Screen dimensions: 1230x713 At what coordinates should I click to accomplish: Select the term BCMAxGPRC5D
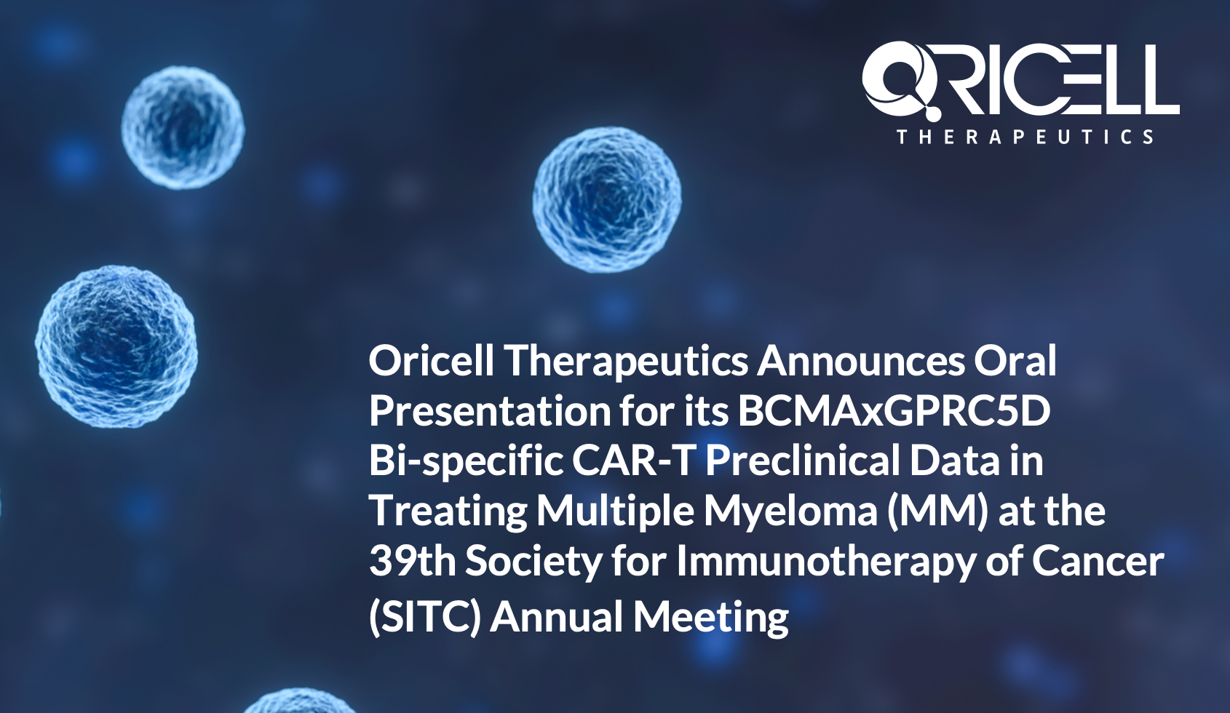point(894,410)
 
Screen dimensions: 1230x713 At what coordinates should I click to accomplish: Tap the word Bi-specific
point(466,461)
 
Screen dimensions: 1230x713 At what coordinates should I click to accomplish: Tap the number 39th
point(413,560)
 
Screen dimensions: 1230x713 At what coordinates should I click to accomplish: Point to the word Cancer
point(1098,561)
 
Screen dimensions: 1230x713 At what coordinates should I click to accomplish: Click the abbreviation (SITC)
point(425,616)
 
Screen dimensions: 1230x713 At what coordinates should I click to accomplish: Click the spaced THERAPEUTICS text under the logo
point(1025,137)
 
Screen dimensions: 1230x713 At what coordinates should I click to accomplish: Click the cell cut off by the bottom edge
point(299,703)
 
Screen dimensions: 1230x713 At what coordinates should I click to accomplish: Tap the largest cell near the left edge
point(116,347)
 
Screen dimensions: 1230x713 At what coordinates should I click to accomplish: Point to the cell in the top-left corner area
point(183,128)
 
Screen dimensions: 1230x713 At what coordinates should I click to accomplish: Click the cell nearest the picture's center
point(607,200)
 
